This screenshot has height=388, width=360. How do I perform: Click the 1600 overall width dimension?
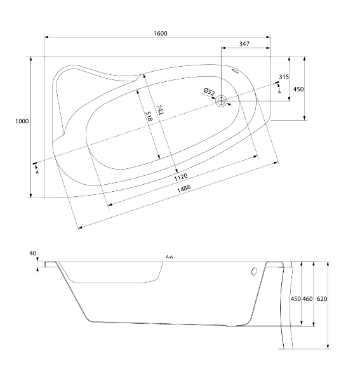pyautogui.click(x=161, y=33)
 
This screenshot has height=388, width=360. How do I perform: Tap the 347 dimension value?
pyautogui.click(x=244, y=44)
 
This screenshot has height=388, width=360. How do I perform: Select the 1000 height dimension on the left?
pyautogui.click(x=22, y=121)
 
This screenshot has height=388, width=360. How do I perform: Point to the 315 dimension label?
pyautogui.click(x=284, y=77)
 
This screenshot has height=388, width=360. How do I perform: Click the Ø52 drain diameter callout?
pyautogui.click(x=210, y=91)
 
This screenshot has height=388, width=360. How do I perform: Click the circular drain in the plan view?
pyautogui.click(x=221, y=101)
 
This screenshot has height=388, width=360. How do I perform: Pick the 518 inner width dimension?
pyautogui.click(x=149, y=116)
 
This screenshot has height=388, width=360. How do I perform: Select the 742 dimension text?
pyautogui.click(x=160, y=110)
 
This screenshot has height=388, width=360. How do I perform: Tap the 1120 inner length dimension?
pyautogui.click(x=180, y=177)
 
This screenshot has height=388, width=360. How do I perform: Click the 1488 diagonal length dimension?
pyautogui.click(x=184, y=189)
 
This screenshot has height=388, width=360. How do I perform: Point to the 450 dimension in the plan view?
pyautogui.click(x=298, y=89)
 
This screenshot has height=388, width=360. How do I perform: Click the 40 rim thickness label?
pyautogui.click(x=32, y=253)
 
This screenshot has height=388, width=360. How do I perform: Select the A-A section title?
pyautogui.click(x=170, y=257)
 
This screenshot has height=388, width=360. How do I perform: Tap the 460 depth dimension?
pyautogui.click(x=307, y=299)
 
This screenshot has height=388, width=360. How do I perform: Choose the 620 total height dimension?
pyautogui.click(x=322, y=299)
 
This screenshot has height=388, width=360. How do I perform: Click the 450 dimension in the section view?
pyautogui.click(x=295, y=299)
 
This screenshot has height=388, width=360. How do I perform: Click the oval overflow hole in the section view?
pyautogui.click(x=254, y=271)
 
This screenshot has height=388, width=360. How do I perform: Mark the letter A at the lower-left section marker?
pyautogui.click(x=37, y=172)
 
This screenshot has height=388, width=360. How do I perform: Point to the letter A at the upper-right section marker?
pyautogui.click(x=279, y=92)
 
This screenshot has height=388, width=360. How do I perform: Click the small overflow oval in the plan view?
pyautogui.click(x=235, y=72)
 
